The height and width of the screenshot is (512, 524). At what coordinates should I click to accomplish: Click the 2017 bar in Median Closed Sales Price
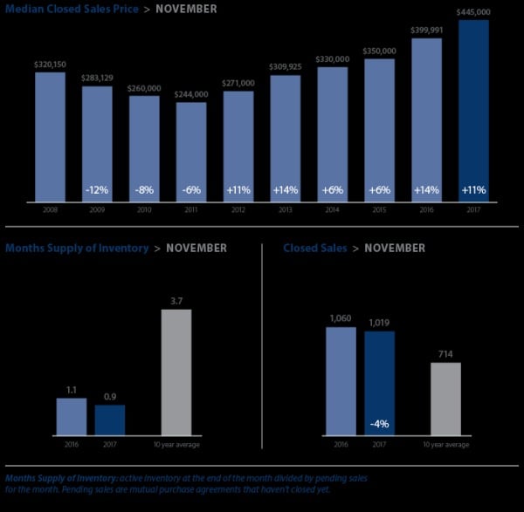[473, 113]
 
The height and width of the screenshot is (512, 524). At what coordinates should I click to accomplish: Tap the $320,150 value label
[50, 64]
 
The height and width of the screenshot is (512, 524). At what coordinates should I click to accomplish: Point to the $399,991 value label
[426, 30]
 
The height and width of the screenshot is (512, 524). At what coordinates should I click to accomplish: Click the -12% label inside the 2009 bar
[97, 189]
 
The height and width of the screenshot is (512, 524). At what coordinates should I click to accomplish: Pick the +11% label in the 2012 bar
[238, 189]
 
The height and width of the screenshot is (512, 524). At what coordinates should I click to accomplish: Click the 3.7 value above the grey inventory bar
[176, 301]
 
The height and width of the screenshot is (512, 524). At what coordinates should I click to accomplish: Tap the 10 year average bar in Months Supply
[176, 372]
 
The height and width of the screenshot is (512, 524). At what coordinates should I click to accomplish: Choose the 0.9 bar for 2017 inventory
[111, 420]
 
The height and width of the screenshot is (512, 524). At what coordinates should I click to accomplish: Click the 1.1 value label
[72, 390]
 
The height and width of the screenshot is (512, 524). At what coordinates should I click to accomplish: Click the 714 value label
[445, 354]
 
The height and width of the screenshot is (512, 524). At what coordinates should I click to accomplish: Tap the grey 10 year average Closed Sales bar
[445, 398]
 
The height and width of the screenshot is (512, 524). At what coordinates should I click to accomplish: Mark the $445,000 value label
[473, 12]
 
